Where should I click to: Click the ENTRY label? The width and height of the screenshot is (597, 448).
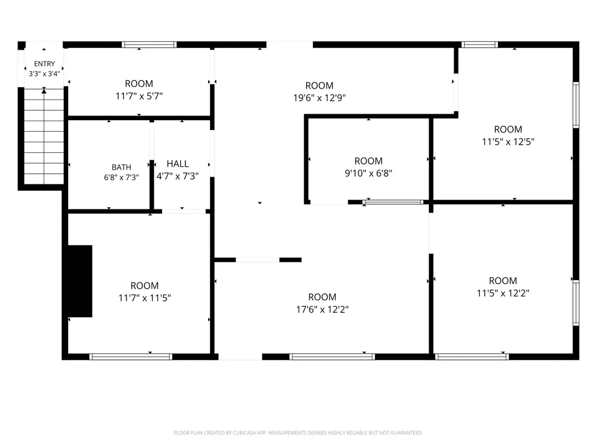pos(44,64)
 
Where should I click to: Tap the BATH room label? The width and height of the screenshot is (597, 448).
pos(121,167)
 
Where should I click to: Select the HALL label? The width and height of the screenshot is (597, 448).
pos(178,164)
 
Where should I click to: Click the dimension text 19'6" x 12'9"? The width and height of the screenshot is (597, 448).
pos(319,98)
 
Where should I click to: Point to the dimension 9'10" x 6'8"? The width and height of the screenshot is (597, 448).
pos(368,173)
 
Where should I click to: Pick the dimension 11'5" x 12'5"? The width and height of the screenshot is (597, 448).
pos(508,142)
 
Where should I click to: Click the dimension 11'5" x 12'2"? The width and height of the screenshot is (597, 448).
pos(503,293)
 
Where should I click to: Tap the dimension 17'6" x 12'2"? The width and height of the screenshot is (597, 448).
pos(322,309)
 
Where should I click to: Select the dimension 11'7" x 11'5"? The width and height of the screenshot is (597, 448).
pos(145,298)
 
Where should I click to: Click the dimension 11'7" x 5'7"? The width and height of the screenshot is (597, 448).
pos(139,96)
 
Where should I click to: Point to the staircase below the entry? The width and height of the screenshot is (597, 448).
pos(44,136)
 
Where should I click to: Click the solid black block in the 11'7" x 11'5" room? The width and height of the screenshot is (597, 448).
pos(80,281)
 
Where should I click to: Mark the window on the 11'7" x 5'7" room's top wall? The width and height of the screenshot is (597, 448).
pos(149,44)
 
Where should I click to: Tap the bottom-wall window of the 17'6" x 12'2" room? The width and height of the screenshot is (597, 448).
pos(332,357)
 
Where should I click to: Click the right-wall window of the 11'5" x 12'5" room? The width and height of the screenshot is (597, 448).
pos(577,105)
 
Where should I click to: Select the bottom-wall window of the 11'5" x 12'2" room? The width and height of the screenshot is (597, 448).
pos(472,357)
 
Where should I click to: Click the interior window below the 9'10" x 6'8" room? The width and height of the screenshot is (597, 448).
pos(393,202)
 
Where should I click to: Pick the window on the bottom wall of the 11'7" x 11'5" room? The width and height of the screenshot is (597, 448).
pos(131,357)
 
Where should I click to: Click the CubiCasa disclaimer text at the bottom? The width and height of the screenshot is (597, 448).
pos(298,433)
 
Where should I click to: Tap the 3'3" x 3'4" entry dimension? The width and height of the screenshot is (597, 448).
pos(44,73)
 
